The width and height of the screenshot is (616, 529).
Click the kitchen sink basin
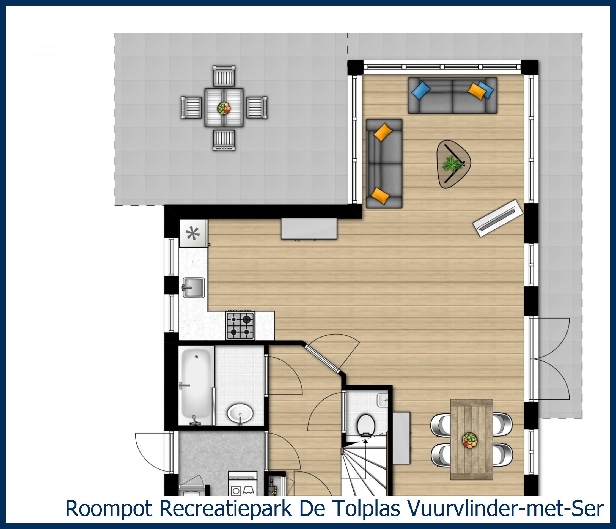(x=194, y=287)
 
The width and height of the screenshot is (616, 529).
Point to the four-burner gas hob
(x=240, y=326)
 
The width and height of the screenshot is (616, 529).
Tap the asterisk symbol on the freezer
(x=193, y=234)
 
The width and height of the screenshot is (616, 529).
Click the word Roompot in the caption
(x=109, y=508)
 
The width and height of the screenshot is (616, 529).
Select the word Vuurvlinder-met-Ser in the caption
(x=505, y=508)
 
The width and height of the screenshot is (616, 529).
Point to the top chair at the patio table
(x=224, y=76)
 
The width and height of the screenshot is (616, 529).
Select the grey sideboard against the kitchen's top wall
(x=309, y=229)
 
